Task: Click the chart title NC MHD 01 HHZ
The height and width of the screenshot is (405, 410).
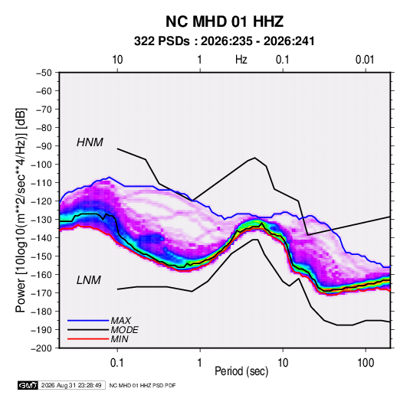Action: coord(225,21)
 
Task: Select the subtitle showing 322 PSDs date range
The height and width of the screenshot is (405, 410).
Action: coord(224,41)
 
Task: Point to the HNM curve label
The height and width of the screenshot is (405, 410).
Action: coord(90,142)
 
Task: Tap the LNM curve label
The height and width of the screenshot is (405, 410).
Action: coord(89,280)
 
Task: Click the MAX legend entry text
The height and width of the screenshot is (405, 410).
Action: coord(121,321)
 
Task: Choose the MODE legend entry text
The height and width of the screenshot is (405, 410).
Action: coord(124,330)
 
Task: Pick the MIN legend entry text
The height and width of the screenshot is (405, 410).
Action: coord(120,339)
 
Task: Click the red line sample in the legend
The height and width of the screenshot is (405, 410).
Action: coord(88,339)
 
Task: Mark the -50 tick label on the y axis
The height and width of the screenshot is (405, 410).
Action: coord(44,73)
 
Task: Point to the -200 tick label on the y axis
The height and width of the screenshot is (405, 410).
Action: coord(41,348)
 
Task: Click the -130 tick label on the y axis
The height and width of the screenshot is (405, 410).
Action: coord(41,220)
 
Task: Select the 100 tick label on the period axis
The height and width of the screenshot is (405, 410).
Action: coord(366,363)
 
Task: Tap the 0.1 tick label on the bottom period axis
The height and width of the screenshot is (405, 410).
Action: coord(117,363)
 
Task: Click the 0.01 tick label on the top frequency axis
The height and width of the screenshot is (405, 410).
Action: coord(365,60)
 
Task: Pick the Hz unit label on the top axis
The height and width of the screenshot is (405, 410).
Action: coord(241,60)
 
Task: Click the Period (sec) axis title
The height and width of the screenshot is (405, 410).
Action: coord(241,371)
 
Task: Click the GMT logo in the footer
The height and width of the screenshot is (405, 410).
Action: coord(28,385)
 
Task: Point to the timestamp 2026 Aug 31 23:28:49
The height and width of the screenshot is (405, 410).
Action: coord(71,385)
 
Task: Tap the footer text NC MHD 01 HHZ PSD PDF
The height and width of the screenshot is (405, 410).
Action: coord(143,385)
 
